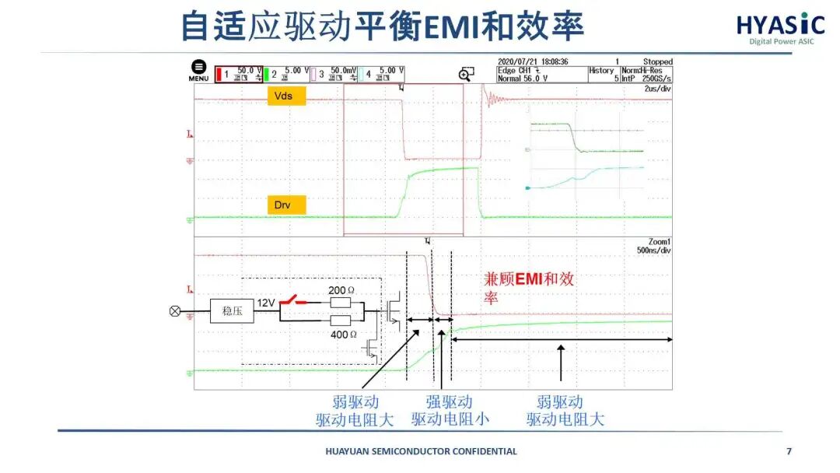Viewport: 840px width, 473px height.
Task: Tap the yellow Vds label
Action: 286,96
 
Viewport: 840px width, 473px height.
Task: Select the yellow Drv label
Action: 286,205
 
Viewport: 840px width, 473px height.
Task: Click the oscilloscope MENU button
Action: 198,71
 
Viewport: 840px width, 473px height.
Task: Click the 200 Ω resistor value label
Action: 341,289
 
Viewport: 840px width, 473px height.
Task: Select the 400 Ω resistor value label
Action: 341,335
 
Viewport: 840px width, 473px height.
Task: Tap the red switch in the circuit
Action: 295,300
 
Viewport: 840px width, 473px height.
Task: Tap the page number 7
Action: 789,451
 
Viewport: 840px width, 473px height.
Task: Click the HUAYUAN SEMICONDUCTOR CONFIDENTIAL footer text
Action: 420,451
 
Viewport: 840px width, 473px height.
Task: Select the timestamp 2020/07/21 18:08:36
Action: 533,61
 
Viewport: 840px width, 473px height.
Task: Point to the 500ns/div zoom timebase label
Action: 654,251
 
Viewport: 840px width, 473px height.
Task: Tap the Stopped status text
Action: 657,61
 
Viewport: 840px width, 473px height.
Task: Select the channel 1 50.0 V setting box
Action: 238,74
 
